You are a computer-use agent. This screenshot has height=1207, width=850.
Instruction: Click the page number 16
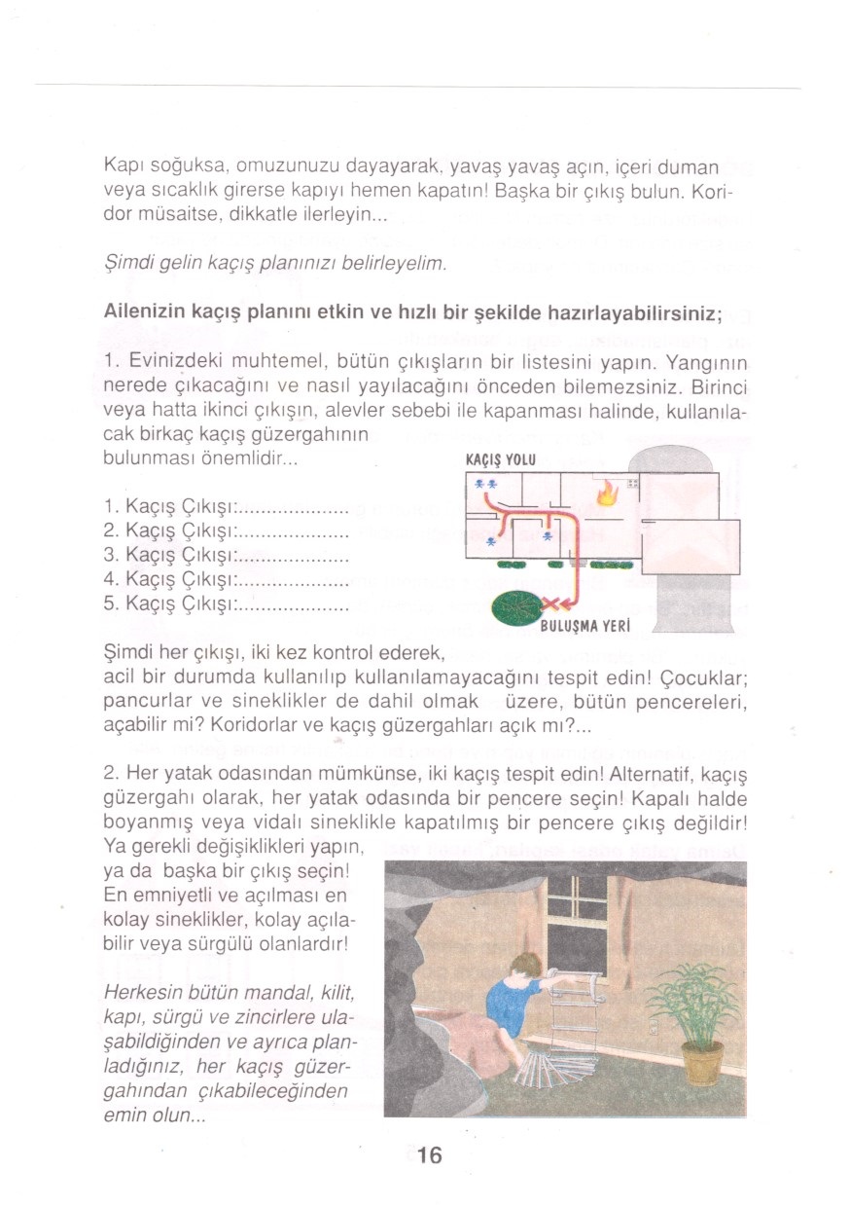pos(430,1155)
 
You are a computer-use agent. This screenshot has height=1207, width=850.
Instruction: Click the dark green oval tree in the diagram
pos(516,609)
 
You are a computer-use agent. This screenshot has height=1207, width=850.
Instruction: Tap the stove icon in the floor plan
pos(633,483)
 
